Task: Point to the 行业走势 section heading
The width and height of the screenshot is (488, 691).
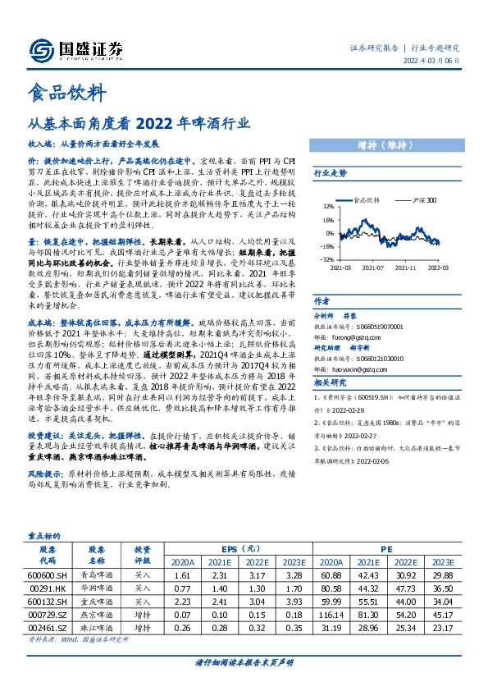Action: (x=331, y=174)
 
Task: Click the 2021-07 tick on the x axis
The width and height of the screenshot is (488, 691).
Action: (x=373, y=268)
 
